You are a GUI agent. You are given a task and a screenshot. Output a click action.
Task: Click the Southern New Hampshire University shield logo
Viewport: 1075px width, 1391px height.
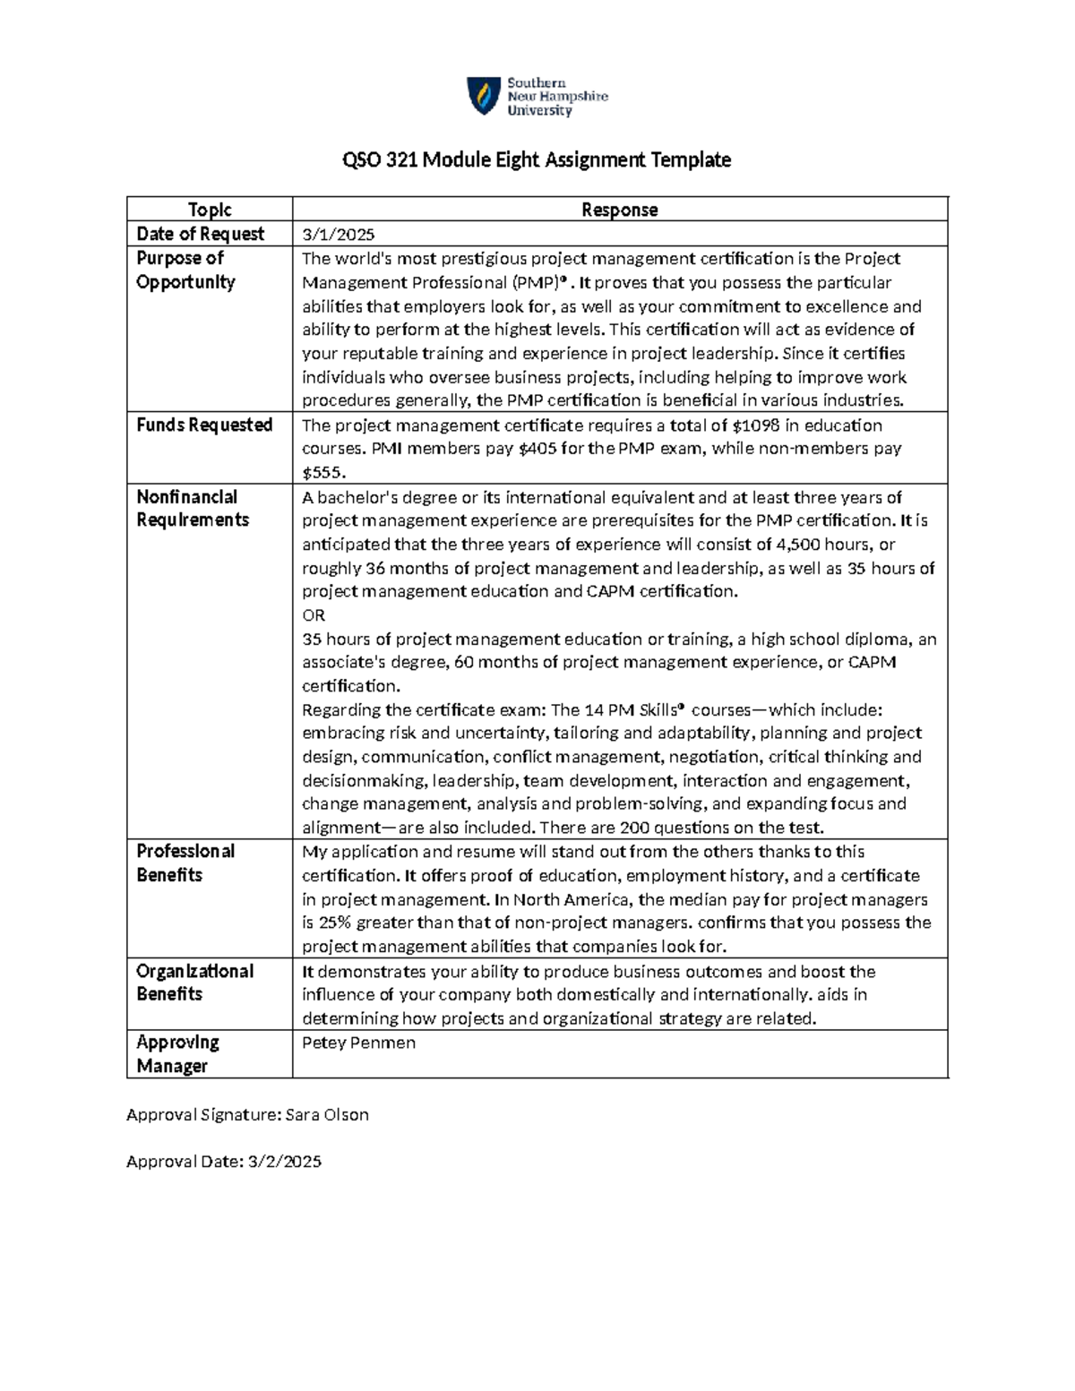point(484,95)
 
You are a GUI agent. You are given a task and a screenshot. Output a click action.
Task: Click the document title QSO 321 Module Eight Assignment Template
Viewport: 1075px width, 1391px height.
point(537,160)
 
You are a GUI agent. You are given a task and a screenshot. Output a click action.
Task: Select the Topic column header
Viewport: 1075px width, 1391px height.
point(210,210)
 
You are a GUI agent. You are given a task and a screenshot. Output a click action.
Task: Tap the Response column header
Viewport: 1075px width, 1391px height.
point(619,210)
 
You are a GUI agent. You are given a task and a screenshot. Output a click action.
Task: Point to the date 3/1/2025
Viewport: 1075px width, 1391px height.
point(338,235)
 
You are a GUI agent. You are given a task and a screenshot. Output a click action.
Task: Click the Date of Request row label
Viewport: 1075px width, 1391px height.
point(200,234)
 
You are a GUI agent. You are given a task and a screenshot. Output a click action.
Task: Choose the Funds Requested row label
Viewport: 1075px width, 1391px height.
point(204,425)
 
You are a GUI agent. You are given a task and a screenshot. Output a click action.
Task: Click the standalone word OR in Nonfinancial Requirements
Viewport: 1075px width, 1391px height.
point(314,615)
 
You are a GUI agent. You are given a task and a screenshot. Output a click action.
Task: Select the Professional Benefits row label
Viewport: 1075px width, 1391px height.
point(185,863)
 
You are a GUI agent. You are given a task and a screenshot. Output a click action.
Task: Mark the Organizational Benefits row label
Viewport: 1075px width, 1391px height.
point(194,983)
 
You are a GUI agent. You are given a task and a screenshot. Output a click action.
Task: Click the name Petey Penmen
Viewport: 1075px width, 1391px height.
point(358,1043)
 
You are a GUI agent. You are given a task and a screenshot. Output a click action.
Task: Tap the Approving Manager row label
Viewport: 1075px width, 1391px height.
point(177,1054)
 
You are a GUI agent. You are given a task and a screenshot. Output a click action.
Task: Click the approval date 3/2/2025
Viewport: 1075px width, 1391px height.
point(284,1162)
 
